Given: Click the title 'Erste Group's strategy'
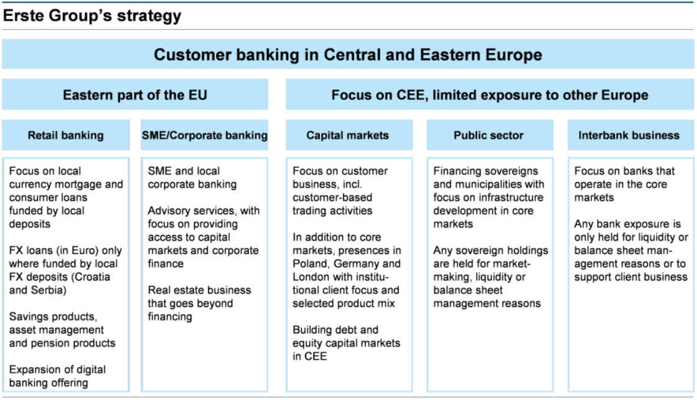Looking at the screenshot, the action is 92,16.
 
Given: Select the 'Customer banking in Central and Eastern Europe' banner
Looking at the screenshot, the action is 348,54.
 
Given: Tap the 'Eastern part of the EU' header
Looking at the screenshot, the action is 135,94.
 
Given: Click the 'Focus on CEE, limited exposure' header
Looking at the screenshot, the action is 490,94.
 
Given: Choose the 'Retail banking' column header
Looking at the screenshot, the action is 66,135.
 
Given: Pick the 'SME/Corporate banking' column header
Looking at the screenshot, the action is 204,135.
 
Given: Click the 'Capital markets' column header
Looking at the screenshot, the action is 348,135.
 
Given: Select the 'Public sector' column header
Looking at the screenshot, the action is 488,135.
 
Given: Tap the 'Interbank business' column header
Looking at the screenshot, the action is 629,135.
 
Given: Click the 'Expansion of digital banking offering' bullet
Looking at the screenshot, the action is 57,376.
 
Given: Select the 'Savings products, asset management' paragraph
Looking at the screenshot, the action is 62,330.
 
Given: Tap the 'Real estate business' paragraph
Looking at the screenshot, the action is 199,303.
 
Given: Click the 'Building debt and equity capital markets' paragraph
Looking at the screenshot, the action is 346,343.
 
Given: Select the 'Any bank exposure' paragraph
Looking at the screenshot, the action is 631,250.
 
